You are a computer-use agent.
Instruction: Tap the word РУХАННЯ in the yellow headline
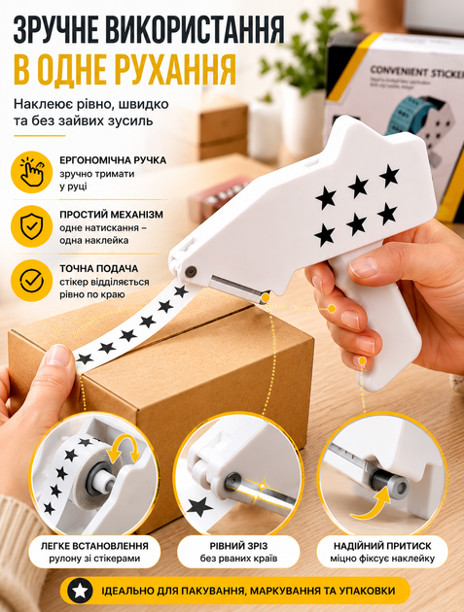coord(175,69)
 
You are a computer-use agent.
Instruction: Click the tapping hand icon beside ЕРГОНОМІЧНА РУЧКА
coord(32,172)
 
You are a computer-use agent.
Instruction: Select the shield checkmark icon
coord(32,226)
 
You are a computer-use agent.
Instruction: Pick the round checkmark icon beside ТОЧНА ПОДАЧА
coord(32,280)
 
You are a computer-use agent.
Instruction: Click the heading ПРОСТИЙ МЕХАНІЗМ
coord(112,215)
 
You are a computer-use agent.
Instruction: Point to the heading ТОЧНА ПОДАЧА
coord(99,268)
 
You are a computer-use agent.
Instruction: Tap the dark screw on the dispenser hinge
coord(191,271)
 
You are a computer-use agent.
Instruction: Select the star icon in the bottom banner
coord(80,591)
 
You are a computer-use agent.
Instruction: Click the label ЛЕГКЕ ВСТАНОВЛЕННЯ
coord(94,546)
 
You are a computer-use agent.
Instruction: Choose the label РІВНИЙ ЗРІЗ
coord(238,546)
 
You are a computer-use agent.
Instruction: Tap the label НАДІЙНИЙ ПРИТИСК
coord(382,546)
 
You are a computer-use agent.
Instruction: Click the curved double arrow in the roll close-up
coord(124,449)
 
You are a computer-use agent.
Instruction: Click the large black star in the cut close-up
coord(199,507)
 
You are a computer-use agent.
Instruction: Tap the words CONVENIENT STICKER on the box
coord(416,72)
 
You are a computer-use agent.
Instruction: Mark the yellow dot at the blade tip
coord(265,298)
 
